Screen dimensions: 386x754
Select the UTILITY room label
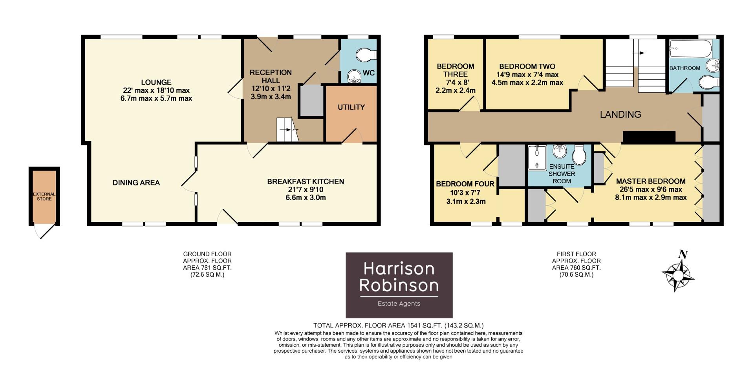tap(351, 107)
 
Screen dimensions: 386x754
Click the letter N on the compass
tap(683, 255)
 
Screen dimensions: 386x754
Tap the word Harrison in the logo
tap(399, 268)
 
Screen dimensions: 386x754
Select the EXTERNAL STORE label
tap(44, 197)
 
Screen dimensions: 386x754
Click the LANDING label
tap(620, 114)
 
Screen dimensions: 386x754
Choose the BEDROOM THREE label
tap(456, 70)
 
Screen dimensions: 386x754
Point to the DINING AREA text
tap(136, 182)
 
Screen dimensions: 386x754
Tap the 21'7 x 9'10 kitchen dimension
tap(305, 189)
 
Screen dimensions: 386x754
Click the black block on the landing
tap(649, 137)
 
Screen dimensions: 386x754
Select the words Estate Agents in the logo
tap(399, 303)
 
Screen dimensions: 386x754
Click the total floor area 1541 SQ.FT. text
tap(398, 325)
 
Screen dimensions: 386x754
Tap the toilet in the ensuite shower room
tap(579, 155)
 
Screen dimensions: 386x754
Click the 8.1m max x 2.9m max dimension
tap(651, 197)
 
